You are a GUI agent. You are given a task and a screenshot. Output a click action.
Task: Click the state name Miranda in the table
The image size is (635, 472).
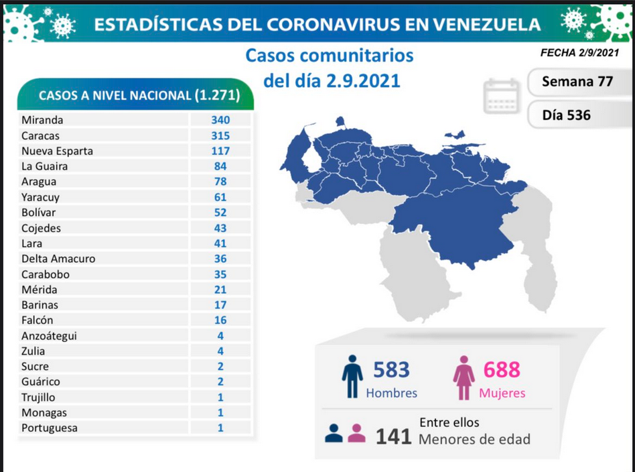[42, 120]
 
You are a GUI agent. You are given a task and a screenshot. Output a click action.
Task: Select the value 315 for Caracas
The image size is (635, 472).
[220, 135]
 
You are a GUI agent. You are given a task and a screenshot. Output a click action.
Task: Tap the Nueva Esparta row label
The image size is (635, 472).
[57, 151]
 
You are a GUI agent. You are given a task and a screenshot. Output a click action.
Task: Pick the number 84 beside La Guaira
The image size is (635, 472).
[220, 166]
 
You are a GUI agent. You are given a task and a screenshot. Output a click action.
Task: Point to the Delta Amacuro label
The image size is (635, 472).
[58, 259]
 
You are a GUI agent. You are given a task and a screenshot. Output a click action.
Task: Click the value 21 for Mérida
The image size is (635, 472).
[220, 290]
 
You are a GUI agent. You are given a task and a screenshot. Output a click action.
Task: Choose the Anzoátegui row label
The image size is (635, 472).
[49, 336]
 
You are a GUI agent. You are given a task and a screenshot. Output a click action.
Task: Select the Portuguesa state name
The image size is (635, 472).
[50, 428]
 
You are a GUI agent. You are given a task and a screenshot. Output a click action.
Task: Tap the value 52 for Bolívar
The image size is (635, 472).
[220, 213]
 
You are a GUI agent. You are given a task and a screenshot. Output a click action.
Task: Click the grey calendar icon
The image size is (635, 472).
[501, 96]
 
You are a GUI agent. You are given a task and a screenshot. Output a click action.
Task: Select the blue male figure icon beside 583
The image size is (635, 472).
[352, 376]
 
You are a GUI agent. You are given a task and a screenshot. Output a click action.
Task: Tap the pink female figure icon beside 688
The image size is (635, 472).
[464, 377]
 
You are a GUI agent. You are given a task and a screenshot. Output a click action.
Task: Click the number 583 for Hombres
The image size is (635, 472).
[391, 369]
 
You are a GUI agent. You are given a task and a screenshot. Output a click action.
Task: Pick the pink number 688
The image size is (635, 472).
[502, 369]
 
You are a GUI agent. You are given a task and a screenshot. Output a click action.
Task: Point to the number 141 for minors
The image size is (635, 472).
[393, 436]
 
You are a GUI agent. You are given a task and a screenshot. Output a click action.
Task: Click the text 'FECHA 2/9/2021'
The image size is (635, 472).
[579, 53]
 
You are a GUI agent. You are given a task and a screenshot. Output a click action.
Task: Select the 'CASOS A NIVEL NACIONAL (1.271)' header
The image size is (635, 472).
[139, 96]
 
